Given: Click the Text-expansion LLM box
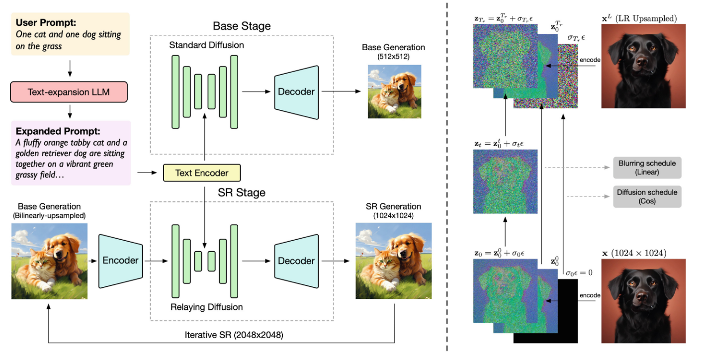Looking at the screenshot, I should coord(69,92).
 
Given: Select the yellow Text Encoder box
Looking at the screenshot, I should coord(202,173).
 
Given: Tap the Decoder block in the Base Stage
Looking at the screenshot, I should coord(296,91).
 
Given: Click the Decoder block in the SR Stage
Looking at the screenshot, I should coord(296,261).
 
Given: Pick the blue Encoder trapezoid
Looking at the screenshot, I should coord(121,260).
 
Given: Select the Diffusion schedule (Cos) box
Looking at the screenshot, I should coord(647,197).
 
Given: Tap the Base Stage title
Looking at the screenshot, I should coord(241,26).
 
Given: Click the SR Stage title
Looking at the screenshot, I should coord(242,192).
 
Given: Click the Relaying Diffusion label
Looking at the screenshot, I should coord(207,307).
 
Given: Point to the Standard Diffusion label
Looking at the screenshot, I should coord(206,45).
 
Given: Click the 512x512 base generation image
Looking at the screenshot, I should coord(394,91).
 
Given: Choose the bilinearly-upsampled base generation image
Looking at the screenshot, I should coord(49,261).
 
